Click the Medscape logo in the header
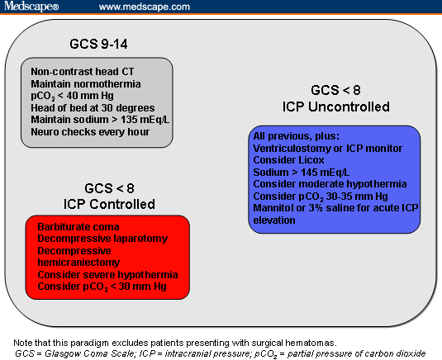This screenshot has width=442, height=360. click(x=31, y=6)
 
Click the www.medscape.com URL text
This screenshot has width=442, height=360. click(x=145, y=7)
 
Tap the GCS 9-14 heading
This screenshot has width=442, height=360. click(x=98, y=44)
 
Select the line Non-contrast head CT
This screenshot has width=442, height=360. click(x=83, y=72)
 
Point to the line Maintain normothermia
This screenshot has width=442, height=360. click(x=86, y=84)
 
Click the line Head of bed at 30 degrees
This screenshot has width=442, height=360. click(x=93, y=108)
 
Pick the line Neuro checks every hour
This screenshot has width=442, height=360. click(x=90, y=132)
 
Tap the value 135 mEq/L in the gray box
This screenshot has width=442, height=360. click(x=145, y=120)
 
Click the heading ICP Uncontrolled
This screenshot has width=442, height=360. click(x=336, y=107)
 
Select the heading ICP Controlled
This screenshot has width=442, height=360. click(x=109, y=204)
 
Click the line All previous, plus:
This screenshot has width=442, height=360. click(x=297, y=136)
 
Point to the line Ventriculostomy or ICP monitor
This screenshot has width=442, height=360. click(x=327, y=149)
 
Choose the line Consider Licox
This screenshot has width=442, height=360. click(x=288, y=160)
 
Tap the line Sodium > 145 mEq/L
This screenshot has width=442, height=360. click(x=302, y=172)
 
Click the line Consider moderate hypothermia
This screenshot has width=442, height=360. click(x=330, y=184)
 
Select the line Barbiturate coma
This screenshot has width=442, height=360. click(x=78, y=227)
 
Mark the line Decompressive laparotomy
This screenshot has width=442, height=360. click(x=102, y=239)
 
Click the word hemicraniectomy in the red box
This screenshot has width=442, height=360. click(x=78, y=263)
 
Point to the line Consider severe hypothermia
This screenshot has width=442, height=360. click(x=107, y=275)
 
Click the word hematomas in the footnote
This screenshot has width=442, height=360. click(x=311, y=343)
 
